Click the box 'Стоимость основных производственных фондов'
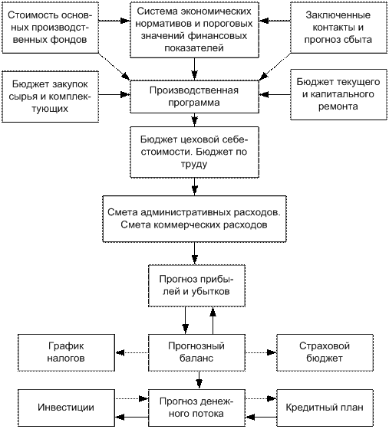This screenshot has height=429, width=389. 50,28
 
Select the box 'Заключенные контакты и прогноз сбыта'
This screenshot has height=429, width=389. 338,28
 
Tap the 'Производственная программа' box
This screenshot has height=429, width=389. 194,97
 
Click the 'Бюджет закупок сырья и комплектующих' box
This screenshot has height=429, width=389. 50,97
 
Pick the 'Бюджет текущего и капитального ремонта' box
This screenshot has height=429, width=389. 338,94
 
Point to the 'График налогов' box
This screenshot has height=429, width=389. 66,352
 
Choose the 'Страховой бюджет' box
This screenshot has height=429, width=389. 325,352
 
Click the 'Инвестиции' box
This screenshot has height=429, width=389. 66,408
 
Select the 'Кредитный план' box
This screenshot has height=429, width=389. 325,408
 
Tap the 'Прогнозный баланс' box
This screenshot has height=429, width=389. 196,352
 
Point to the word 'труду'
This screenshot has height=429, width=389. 194,165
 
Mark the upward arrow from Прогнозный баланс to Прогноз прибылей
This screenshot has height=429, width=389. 213,320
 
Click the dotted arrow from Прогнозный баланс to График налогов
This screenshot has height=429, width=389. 131,352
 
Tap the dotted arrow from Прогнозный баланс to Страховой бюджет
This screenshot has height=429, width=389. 261,352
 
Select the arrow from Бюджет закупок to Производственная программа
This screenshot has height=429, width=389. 114,95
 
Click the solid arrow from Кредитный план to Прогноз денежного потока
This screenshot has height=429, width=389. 261,418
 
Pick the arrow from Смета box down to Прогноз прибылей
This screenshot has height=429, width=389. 194,254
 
